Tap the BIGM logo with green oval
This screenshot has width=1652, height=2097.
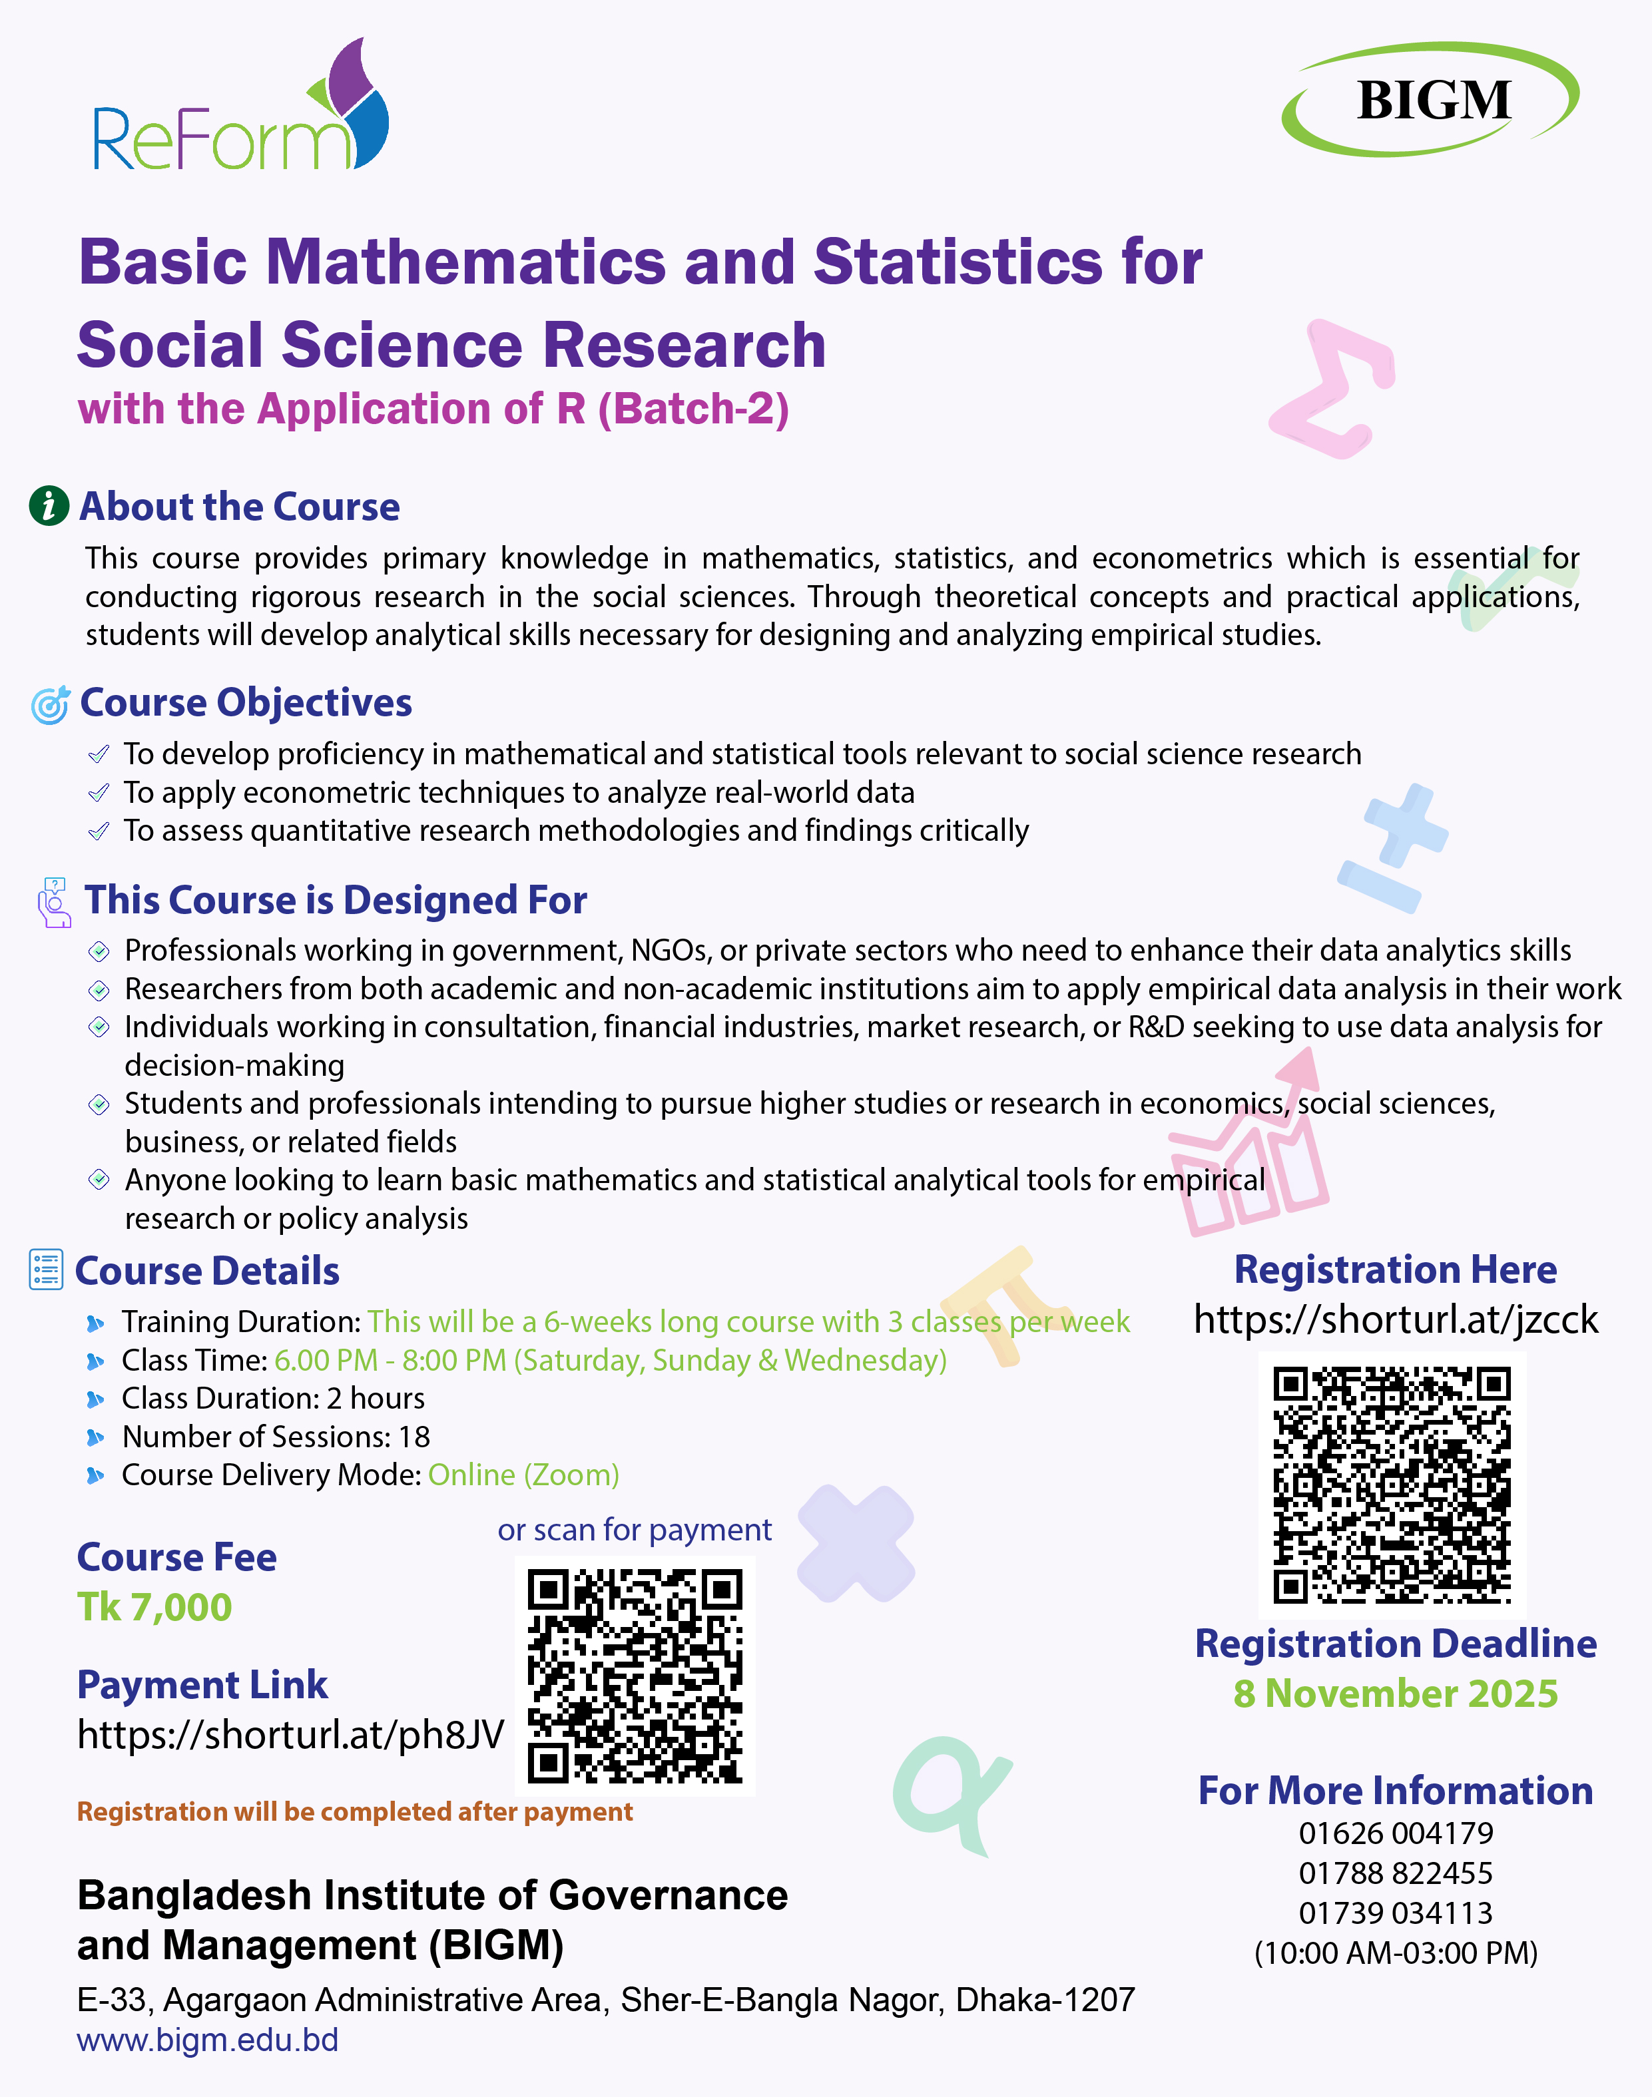coord(1430,100)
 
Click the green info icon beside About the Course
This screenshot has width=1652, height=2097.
coord(49,506)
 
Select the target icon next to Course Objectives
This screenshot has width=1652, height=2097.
coord(51,705)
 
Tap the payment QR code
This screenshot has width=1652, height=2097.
coord(635,1676)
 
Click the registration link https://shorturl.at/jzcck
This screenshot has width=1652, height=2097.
coord(1395,1319)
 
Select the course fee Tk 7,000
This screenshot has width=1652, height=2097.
coord(154,1608)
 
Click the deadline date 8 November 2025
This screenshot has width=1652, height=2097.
coord(1395,1694)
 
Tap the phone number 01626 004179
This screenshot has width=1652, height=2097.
coord(1395,1833)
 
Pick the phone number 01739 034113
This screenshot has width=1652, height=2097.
coord(1395,1913)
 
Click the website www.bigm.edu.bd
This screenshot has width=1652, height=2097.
coord(208,2040)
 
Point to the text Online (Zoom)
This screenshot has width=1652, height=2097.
coord(523,1475)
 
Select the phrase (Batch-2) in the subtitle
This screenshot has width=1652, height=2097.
coord(693,409)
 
